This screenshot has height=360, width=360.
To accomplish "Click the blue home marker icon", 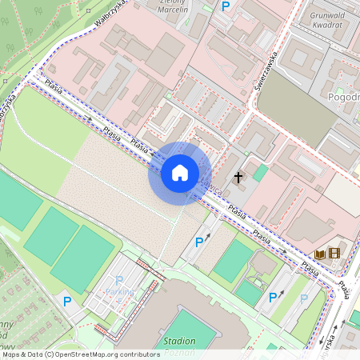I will tap(180, 173).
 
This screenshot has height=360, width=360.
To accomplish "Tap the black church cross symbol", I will tap(238, 176).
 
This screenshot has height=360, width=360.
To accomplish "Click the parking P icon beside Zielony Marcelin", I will tap(226, 6).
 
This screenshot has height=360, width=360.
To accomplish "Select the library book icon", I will tap(320, 254).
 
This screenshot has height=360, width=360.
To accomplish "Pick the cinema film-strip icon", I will tap(334, 254).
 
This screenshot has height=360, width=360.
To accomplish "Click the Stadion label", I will tap(179, 341).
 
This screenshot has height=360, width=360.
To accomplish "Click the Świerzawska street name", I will tap(266, 77).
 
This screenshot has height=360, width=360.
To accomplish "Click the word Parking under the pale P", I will tap(120, 292).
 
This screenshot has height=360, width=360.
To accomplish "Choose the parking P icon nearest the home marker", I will tap(199, 242).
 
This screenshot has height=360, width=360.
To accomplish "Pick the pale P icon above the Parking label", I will tap(120, 280).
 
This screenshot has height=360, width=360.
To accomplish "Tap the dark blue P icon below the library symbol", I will tap(274, 297).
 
